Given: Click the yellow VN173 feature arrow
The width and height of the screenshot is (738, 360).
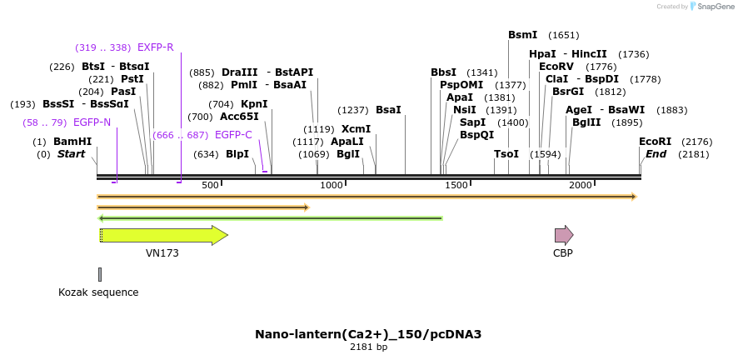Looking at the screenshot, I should pos(163,235).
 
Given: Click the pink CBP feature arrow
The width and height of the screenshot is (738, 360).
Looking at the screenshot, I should pos(564,235).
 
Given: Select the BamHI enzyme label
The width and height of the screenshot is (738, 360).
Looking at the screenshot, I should pos(72,142).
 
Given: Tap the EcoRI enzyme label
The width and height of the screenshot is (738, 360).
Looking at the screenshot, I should pos(655,142).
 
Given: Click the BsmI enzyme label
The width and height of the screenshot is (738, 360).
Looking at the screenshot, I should pos(523,35).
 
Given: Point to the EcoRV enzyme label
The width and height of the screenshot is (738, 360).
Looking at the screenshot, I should pos(556,67).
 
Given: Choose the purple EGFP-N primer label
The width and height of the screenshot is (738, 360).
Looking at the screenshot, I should pos(92,122).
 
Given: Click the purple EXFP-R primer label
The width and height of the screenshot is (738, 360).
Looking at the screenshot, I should pos(156,47).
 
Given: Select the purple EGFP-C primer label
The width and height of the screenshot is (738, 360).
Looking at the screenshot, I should pos(233,135).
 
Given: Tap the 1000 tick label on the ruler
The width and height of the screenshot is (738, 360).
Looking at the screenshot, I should pos(332,185).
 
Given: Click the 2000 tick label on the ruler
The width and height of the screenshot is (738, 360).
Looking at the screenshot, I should pos(580,185).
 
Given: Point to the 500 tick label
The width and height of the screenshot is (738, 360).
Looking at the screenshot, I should pos(209,185).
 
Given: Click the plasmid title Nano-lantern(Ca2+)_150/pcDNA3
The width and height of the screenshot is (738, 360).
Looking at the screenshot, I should pos(368,334).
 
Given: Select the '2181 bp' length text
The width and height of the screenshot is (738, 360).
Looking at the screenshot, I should pos(368,347).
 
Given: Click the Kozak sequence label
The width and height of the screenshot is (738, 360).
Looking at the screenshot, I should pos(98,292).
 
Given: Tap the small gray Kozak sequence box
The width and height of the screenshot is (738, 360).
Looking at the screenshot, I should pos(100,274).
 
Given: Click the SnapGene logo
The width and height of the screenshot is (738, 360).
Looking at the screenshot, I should pos(706,7).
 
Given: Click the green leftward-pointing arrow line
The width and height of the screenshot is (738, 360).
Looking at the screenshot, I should pos(271,218).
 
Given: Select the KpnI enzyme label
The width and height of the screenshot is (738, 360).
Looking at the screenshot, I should pos(254,104).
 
